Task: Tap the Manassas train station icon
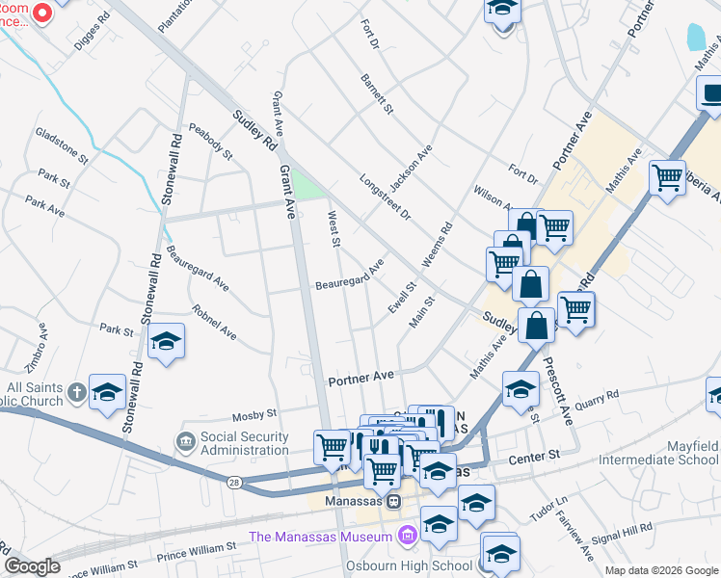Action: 393,501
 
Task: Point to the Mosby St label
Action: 255,415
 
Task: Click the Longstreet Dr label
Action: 385,197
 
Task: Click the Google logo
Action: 32,566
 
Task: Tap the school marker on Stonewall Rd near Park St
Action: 166,341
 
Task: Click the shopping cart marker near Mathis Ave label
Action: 667,177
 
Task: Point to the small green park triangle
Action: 307,184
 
